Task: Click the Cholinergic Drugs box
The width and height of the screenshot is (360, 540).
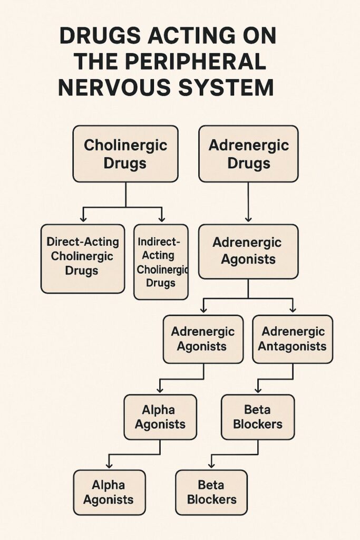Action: point(125,154)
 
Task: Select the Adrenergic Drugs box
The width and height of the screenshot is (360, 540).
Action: point(248,153)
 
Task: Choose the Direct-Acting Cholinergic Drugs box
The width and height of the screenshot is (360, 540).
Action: point(83,258)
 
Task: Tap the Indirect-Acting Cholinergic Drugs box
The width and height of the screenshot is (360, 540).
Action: point(161,262)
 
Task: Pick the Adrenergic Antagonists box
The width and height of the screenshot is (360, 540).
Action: point(293,339)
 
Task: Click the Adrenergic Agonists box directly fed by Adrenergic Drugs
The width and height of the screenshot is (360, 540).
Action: point(248,251)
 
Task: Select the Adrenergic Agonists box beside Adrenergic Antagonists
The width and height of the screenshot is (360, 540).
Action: point(203,339)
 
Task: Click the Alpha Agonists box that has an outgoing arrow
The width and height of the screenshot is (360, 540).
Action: point(160,417)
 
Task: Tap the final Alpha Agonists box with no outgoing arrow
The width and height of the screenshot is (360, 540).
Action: point(109,492)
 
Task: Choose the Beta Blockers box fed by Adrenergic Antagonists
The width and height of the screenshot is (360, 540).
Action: point(258,417)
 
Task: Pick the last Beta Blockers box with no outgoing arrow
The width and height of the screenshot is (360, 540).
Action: point(211,492)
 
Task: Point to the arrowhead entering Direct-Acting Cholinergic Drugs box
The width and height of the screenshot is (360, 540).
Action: point(83,218)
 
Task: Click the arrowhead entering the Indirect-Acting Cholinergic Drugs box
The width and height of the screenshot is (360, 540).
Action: point(161,218)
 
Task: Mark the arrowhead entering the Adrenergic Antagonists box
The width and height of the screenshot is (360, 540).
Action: point(293,309)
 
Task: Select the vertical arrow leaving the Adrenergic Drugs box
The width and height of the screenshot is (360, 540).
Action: point(248,200)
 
